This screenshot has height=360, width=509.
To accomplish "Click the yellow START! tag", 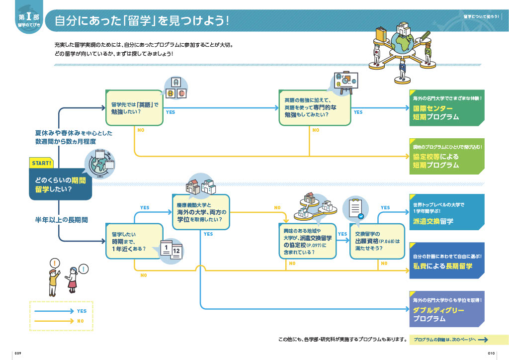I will click(42, 163).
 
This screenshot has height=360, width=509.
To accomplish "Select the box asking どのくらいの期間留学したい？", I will click(60, 184).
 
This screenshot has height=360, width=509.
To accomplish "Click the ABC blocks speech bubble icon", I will click(175, 88).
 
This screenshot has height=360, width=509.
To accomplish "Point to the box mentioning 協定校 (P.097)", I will click(307, 241).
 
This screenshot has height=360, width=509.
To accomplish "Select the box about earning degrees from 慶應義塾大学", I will click(201, 212).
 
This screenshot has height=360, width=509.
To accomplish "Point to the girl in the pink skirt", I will click(73, 281).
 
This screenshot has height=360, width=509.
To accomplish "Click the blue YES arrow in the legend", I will click(55, 311).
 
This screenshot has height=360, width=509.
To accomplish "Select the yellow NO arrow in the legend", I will click(55, 321).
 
